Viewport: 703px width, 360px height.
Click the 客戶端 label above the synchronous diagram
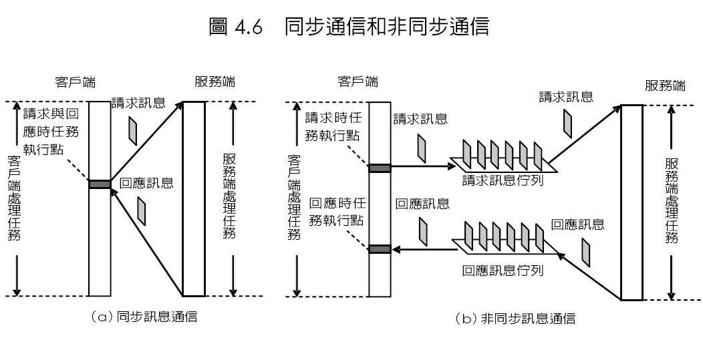pyautogui.click(x=75, y=83)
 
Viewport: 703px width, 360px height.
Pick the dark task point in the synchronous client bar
pyautogui.click(x=100, y=184)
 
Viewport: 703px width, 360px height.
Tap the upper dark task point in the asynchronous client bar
pyautogui.click(x=380, y=168)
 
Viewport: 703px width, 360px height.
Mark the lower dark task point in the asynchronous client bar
pyautogui.click(x=380, y=249)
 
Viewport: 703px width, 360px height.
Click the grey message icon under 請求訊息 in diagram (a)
pyautogui.click(x=134, y=130)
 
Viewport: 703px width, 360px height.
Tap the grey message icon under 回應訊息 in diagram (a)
pyautogui.click(x=141, y=210)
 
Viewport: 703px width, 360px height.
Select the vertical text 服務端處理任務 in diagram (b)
pyautogui.click(x=672, y=200)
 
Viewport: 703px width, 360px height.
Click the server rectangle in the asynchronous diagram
pyautogui.click(x=631, y=202)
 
